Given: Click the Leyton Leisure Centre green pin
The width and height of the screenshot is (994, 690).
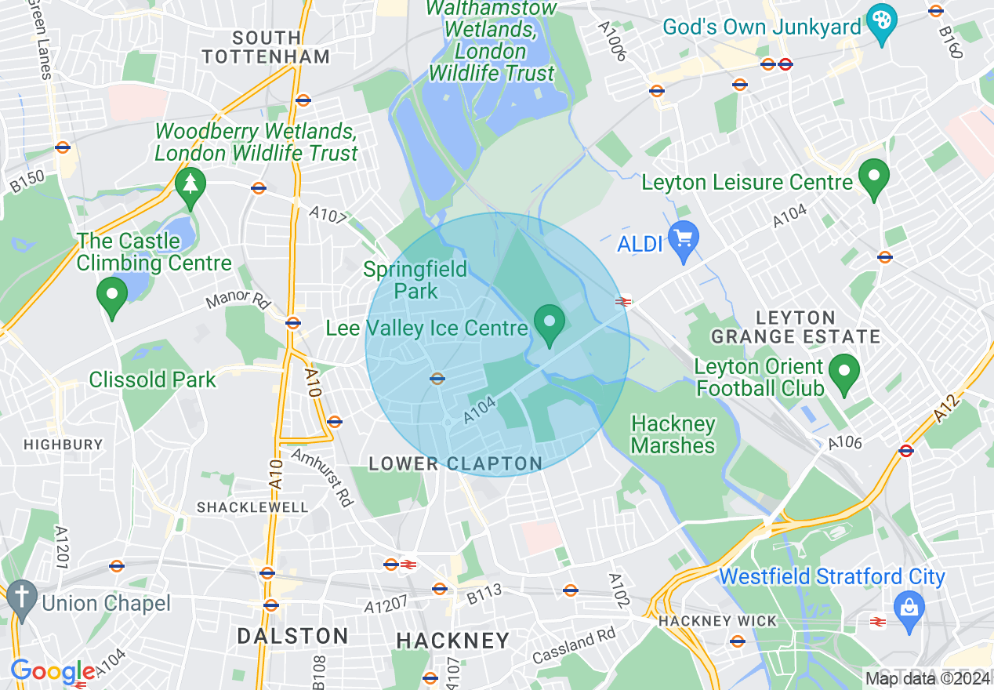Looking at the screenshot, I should coord(874,176).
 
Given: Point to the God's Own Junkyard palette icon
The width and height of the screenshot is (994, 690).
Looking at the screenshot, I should coord(882,22).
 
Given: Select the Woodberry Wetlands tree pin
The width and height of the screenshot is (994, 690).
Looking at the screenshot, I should coord(190,187).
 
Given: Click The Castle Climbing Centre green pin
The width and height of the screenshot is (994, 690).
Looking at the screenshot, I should coord(111,296).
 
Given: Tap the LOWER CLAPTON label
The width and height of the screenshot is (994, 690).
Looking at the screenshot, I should coord(455,464).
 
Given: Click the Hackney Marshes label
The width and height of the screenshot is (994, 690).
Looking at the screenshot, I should coord(673,435).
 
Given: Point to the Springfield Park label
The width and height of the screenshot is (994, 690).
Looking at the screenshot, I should coord(415,281).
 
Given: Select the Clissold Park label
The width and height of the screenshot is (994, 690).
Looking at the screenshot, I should coord(152,380).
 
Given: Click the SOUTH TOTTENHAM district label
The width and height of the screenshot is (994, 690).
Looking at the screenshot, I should coord(266,47).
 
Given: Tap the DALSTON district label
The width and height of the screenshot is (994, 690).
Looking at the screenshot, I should coord(292,636).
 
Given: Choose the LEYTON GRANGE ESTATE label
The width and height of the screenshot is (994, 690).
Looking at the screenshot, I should coord(795,328).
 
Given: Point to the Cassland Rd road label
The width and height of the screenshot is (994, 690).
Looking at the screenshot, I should coord(574,647).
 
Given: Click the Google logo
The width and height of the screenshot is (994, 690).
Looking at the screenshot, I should coord(52,672).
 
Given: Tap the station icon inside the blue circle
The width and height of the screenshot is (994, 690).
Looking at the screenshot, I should coord(437,379).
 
